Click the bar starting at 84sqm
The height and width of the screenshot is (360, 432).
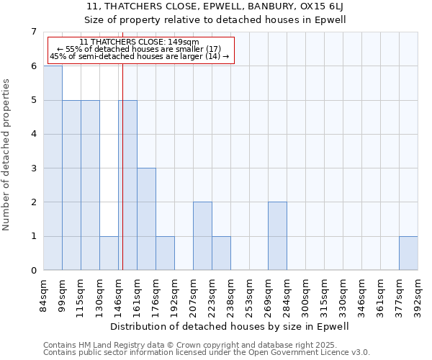[x=53, y=168]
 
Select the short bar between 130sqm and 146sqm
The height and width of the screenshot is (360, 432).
[x=109, y=253]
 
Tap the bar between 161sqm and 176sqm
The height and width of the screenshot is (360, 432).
[x=146, y=219]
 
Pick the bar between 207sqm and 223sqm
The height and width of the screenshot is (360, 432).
[x=202, y=236]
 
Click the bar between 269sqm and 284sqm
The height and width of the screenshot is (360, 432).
[x=277, y=236]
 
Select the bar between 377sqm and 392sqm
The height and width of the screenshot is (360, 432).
[x=408, y=253]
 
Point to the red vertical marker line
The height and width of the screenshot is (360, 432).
[x=123, y=180]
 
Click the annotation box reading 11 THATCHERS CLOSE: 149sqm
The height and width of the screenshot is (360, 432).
[x=140, y=50]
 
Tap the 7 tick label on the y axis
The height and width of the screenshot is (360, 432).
[x=33, y=32]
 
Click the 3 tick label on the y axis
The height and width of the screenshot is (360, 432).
[x=33, y=168]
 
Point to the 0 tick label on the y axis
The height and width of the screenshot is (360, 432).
[x=33, y=271]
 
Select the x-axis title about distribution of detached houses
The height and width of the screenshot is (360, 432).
[x=230, y=326]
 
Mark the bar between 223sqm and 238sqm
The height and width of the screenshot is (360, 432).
[x=221, y=253]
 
